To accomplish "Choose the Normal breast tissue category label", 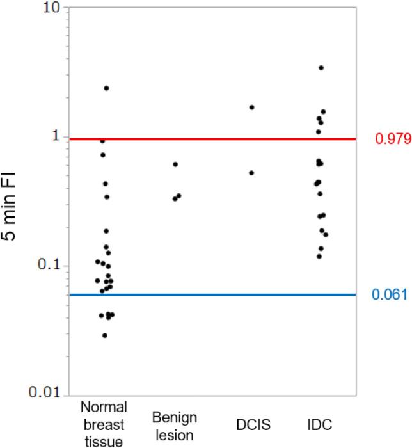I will point(105,423).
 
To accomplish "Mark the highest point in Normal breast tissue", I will point(106,88).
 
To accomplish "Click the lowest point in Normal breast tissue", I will point(105,335).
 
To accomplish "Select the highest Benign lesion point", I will point(175,164).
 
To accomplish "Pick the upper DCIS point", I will point(252,108).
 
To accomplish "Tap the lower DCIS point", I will point(251,173).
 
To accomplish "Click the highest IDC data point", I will point(321,68).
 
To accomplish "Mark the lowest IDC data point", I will point(319,257).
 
